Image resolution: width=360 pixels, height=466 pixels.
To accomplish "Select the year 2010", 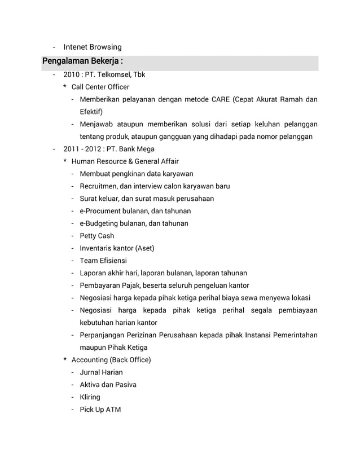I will point(72,74).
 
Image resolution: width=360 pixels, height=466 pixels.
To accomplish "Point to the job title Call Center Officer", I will point(100,87).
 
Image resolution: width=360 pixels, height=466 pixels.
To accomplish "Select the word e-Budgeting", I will point(101,223).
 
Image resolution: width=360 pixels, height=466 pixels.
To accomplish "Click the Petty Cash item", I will point(96,236).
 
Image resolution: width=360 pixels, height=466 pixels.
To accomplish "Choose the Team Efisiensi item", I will point(103,261).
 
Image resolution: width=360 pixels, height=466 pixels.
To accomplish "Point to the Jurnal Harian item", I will point(101,372).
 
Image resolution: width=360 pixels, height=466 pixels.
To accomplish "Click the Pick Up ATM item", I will point(100,410).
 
